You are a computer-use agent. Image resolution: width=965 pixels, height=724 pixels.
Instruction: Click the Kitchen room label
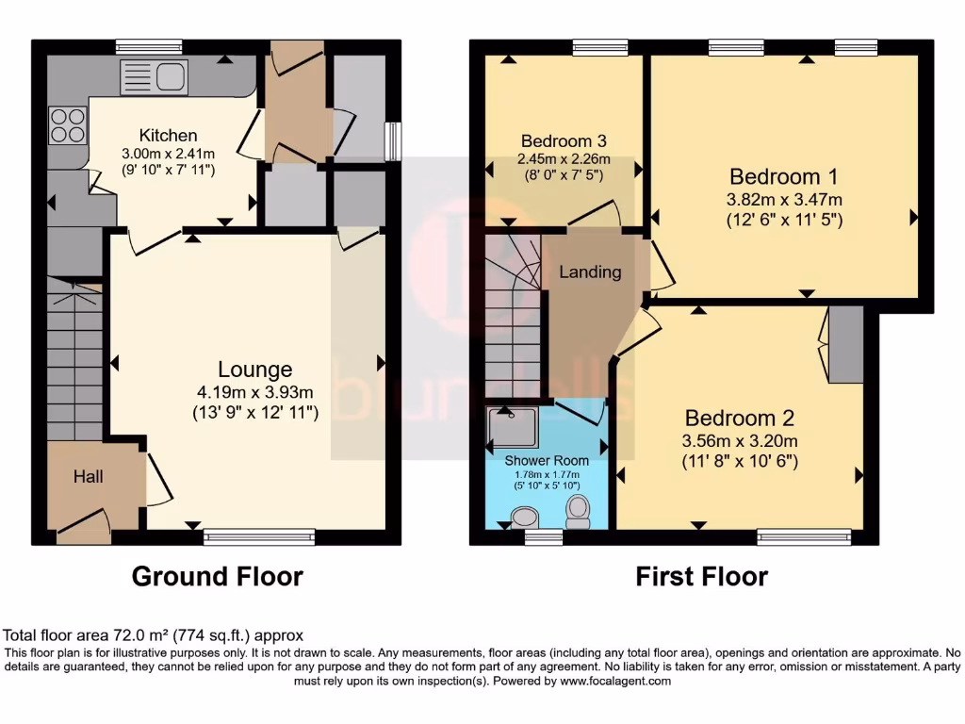pos(168,135)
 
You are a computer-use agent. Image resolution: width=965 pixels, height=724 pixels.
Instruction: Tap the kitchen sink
pos(155,77)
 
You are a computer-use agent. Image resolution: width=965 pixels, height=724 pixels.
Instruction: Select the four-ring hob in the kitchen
pos(67,126)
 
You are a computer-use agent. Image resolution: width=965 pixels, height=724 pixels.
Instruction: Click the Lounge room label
pos(254,370)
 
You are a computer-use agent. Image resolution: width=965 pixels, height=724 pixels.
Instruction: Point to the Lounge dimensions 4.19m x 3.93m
pos(254,393)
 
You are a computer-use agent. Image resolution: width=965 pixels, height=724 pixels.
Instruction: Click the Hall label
pos(89,477)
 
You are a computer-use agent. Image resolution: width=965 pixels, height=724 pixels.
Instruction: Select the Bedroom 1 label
pos(784,176)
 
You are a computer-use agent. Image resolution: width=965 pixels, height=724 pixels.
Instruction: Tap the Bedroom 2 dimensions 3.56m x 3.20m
pos(740,441)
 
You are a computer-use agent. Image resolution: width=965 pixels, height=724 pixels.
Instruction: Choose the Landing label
pos(590,272)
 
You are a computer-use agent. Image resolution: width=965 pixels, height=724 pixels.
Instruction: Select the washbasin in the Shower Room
pos(522,516)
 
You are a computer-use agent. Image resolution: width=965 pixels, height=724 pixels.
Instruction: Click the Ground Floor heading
pos(217,576)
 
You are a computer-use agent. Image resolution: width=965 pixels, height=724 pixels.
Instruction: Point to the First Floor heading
pos(701,576)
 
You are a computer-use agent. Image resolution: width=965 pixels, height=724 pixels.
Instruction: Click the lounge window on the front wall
pos(259,537)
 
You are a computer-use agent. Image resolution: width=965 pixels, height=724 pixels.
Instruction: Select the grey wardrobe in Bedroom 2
pos(845,344)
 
